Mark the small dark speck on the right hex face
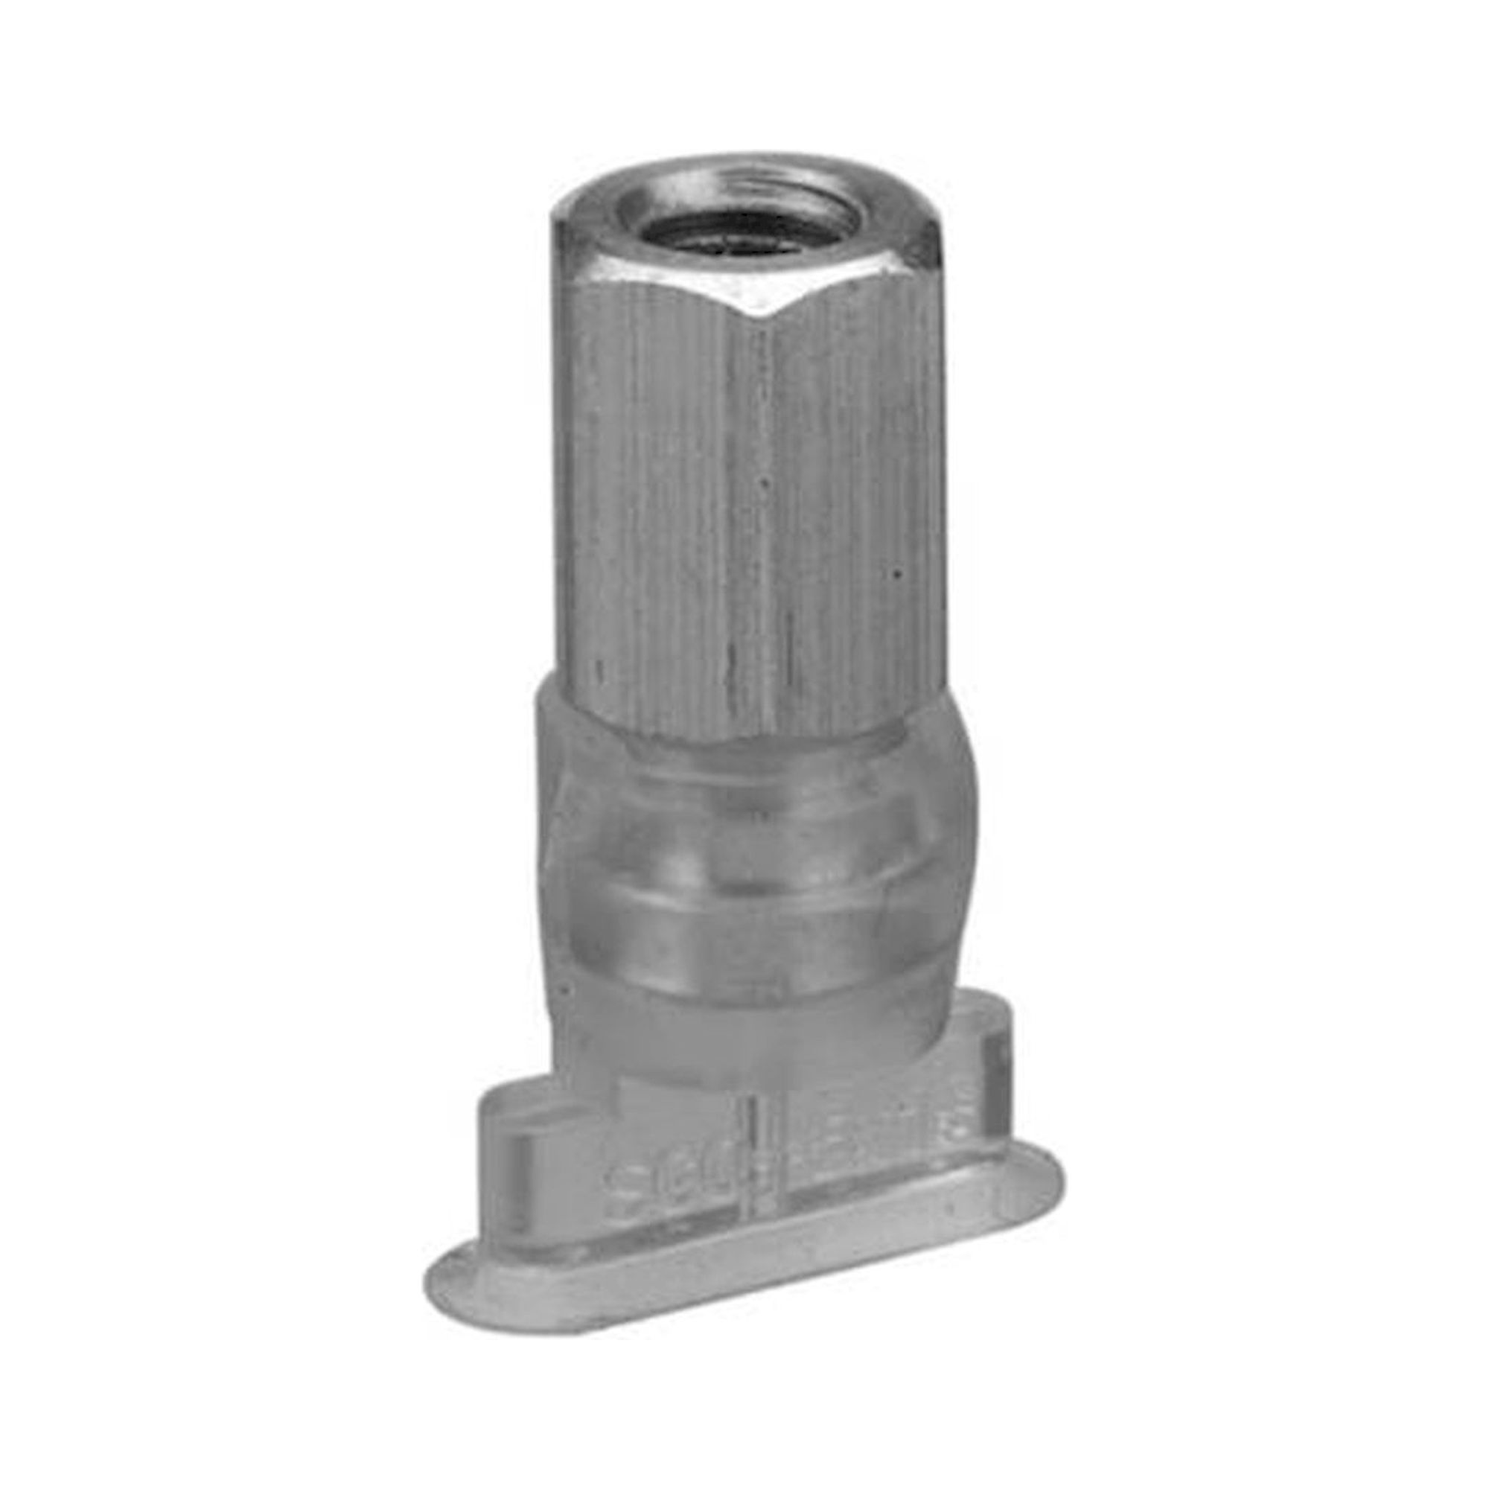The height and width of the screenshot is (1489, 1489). coord(896,573)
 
